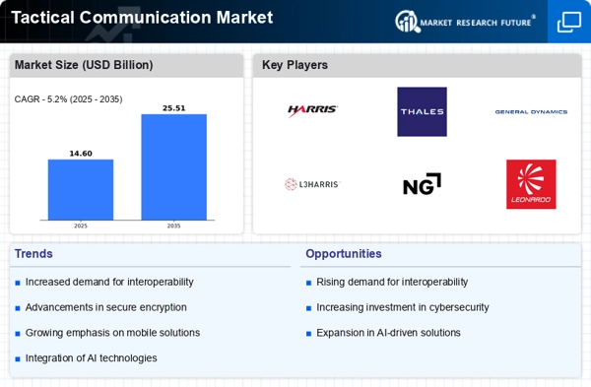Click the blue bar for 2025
[x=81, y=189]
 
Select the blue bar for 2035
[x=173, y=167]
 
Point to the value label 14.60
[x=81, y=154]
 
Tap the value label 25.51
[x=173, y=108]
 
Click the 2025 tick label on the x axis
[x=81, y=226]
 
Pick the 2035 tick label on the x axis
[x=173, y=226]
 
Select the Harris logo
[x=312, y=110]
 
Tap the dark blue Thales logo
[x=423, y=111]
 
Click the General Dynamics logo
[x=531, y=112]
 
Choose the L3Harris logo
[x=312, y=184]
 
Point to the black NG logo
[x=422, y=184]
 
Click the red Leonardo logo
[x=531, y=184]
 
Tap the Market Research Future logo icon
[x=408, y=21]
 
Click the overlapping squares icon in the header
[x=569, y=22]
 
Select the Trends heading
[x=33, y=254]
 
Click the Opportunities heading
[x=344, y=254]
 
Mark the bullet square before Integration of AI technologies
[x=18, y=358]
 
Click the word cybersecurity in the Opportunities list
[x=459, y=307]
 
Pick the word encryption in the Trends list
[x=163, y=307]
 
